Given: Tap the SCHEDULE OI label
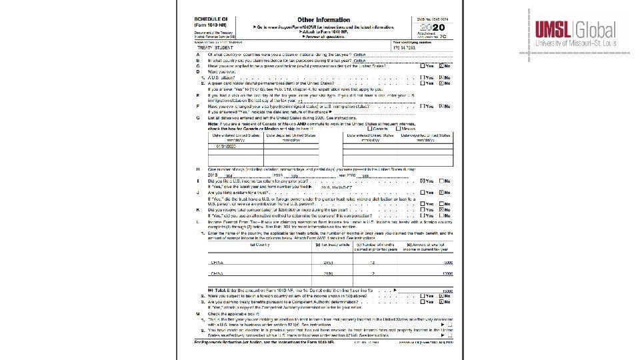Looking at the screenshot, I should (210, 19).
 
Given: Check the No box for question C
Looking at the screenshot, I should (440, 66).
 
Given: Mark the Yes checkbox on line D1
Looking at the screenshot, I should (422, 77).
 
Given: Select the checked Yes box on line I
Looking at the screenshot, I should (422, 181).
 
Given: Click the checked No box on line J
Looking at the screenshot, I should (440, 192).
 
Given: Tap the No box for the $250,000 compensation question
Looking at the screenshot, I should (440, 209).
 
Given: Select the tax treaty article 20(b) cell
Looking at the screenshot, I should (328, 273).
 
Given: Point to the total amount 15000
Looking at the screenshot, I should (447, 291).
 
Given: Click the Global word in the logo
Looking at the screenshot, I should (595, 30).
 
